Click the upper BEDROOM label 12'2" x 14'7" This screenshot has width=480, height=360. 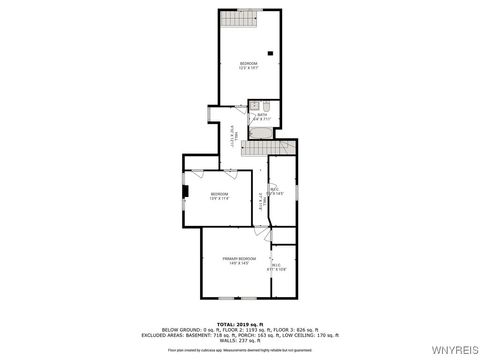(248, 67)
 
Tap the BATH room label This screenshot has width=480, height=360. (263, 117)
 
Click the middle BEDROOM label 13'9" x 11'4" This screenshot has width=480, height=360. (219, 196)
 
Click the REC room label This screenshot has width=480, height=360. (277, 192)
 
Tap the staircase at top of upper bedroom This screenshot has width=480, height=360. (235, 19)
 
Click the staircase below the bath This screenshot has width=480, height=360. (258, 148)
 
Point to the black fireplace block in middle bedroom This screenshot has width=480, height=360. (184, 190)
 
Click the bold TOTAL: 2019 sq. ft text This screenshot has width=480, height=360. (240, 324)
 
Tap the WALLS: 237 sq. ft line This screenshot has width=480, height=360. (240, 340)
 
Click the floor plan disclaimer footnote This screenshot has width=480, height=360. (240, 350)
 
